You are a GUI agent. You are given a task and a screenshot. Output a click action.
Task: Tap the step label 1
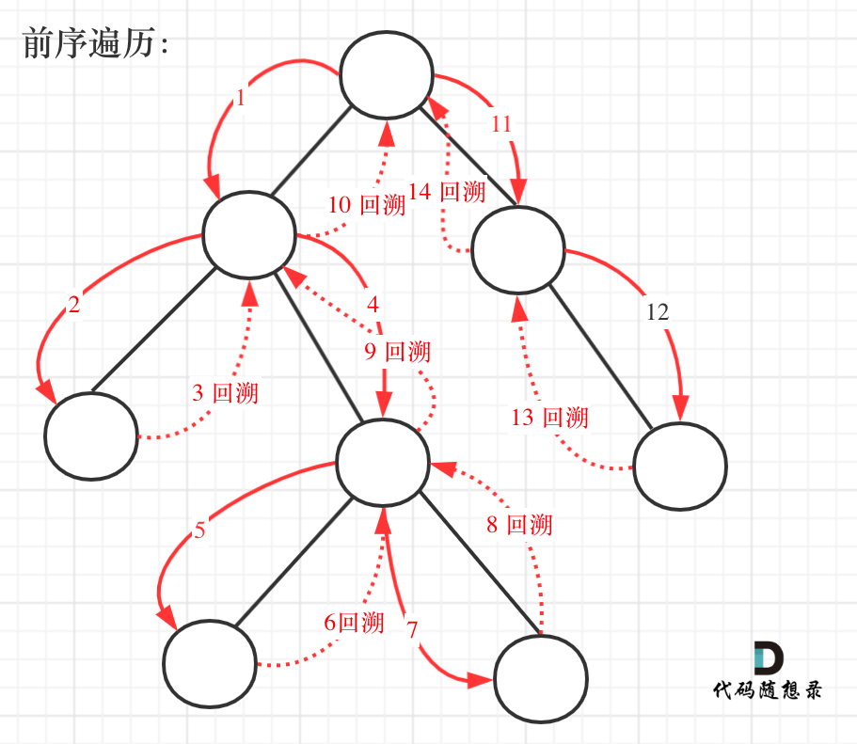tap(241, 98)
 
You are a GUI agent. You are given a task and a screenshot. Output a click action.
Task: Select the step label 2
tap(74, 305)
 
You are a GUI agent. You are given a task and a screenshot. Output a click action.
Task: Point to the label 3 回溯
tap(225, 392)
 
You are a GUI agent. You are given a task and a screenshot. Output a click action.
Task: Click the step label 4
tap(373, 305)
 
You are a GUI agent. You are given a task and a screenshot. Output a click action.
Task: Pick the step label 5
tap(199, 530)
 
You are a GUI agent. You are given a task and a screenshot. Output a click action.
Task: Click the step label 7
tap(411, 629)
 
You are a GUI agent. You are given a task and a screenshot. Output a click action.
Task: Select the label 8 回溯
tap(518, 525)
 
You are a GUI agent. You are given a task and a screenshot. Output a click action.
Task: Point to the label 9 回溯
tap(397, 352)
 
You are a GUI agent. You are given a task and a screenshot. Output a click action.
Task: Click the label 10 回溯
tap(366, 205)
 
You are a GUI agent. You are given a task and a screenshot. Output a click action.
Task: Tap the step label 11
tap(500, 123)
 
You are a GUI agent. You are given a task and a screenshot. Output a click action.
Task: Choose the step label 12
tap(658, 312)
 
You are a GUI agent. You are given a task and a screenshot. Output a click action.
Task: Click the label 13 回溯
tap(549, 417)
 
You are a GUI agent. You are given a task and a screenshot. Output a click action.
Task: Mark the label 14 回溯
tap(447, 193)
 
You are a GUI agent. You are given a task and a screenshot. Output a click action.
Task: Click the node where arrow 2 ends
tap(91, 436)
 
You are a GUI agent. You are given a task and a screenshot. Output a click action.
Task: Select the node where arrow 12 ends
tap(679, 466)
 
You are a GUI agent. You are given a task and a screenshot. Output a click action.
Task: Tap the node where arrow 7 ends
tap(540, 679)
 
